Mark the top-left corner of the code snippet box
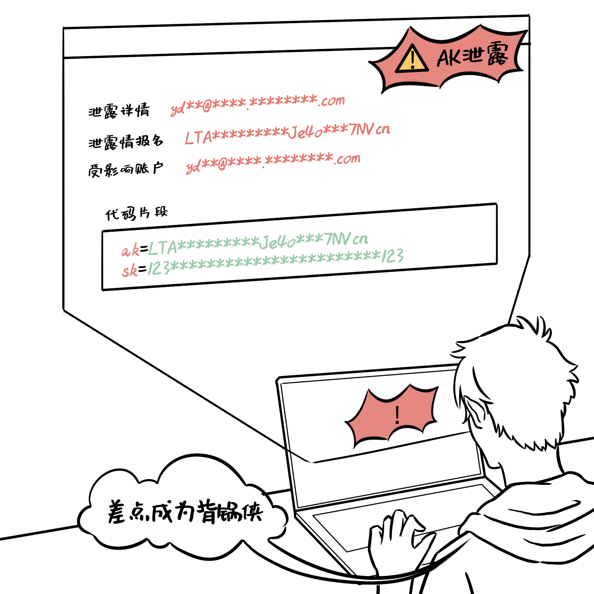tap(102, 230)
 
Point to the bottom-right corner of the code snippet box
tap(497, 263)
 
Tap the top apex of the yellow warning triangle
tap(413, 45)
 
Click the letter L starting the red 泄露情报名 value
tap(189, 138)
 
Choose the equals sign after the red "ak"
tap(144, 248)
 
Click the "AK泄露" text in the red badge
tap(472, 55)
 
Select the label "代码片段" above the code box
tap(137, 213)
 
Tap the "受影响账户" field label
tap(125, 169)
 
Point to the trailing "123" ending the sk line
tap(392, 256)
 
